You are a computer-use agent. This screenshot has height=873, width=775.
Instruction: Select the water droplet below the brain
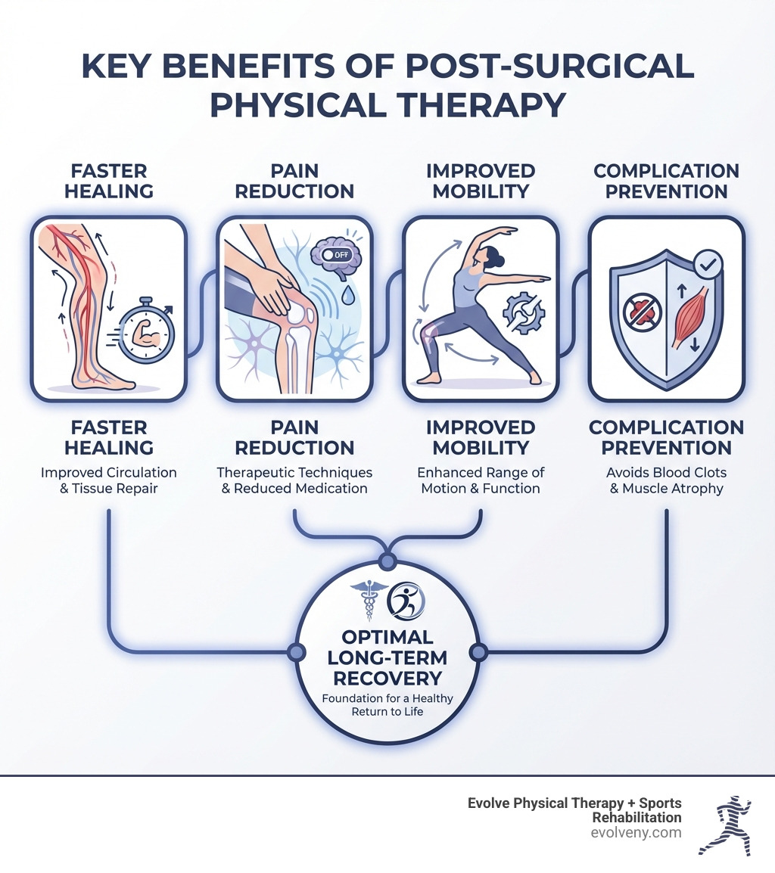[346, 294]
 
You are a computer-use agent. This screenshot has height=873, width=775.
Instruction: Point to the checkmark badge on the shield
[708, 263]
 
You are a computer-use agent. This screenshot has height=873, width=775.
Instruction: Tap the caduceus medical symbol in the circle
[369, 599]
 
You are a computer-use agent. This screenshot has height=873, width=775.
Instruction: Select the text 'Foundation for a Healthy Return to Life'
[387, 705]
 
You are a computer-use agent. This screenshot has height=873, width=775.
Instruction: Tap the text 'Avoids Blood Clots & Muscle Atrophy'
[666, 480]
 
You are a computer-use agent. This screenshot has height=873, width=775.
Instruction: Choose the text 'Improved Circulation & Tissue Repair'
[108, 480]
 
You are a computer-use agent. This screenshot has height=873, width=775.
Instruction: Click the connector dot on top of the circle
[387, 561]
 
